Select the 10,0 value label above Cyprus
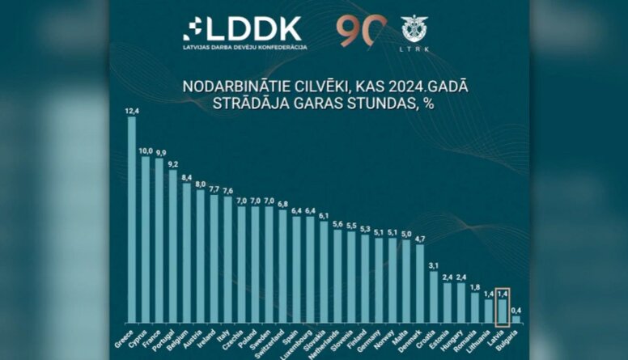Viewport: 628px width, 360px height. (146, 150)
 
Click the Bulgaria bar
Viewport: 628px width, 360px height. (516, 320)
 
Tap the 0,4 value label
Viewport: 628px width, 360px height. (516, 310)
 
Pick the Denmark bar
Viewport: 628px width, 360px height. (420, 283)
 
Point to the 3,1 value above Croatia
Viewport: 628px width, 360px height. (434, 265)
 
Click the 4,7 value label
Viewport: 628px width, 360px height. (420, 239)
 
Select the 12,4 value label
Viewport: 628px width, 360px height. (132, 111)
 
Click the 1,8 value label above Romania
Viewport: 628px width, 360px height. (475, 287)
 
